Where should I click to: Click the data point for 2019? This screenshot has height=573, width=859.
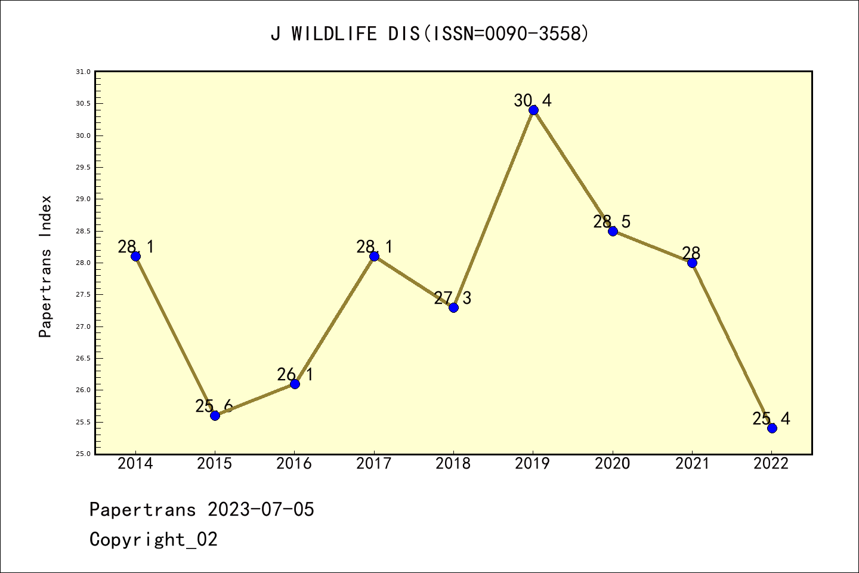pos(533,110)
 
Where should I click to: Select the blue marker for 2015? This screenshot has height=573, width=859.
pos(215,415)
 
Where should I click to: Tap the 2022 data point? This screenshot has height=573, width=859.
pos(772,428)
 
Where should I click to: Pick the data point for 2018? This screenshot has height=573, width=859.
pos(453,307)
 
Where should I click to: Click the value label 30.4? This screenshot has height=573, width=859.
pos(533,100)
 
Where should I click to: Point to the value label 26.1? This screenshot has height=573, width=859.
pos(295,374)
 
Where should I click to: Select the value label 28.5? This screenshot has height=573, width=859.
pos(611,221)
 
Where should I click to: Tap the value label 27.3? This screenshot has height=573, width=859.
pos(452,298)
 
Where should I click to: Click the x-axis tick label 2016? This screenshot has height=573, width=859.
pos(294,464)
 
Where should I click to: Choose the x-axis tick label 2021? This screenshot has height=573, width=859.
pos(692,464)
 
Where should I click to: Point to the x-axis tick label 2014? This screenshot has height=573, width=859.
pos(135,464)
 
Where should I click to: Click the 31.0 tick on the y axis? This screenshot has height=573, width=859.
pos(83,72)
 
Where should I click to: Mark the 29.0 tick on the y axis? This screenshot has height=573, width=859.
pos(83,199)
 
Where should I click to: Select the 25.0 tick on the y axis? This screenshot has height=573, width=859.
pos(83,454)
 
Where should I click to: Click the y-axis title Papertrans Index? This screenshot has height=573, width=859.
pos(45,266)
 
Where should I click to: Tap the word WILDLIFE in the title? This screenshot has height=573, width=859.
pos(334,34)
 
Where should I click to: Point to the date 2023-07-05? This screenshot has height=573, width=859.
pos(261,510)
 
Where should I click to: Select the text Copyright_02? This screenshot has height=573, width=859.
pos(153,540)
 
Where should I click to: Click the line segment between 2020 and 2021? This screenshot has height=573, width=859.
pos(652,247)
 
